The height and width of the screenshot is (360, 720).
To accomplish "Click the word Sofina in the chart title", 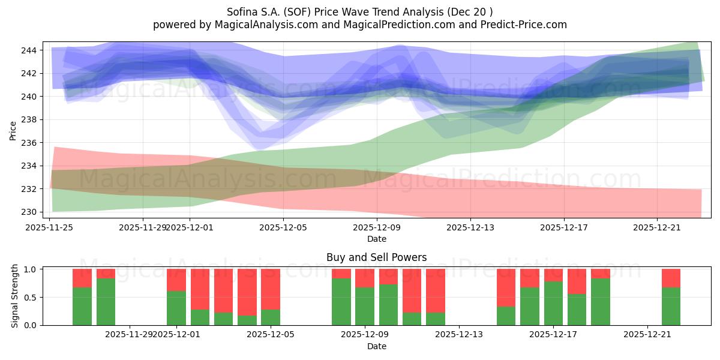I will point(242,11).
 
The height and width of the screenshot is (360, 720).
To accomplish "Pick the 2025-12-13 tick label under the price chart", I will point(470,227).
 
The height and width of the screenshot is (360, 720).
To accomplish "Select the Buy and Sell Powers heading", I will point(376,257).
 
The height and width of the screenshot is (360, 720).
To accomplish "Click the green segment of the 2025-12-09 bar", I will point(365,306).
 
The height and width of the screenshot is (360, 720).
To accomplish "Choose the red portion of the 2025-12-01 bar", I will point(176,280).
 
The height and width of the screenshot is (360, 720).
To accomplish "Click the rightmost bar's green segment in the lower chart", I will point(671,306).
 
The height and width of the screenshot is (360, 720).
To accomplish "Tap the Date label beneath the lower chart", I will point(376,346).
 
